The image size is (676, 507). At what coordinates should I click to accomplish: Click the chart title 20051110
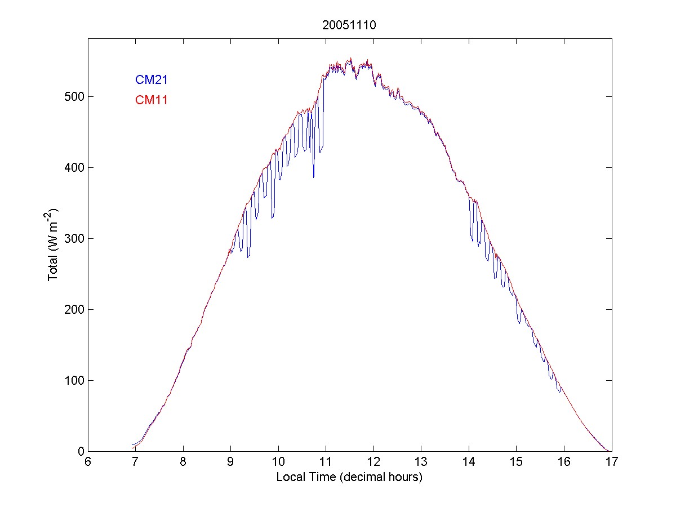click(x=349, y=25)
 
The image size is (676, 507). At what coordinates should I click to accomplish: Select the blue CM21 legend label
click(x=151, y=80)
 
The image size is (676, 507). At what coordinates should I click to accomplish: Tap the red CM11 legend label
click(x=151, y=100)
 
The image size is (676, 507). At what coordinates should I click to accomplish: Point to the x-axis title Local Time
click(x=349, y=477)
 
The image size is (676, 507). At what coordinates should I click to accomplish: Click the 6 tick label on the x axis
click(x=88, y=462)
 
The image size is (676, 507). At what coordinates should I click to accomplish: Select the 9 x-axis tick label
click(x=230, y=462)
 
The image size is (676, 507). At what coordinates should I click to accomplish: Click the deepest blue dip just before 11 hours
click(x=314, y=177)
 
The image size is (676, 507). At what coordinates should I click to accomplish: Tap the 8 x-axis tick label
click(x=183, y=462)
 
